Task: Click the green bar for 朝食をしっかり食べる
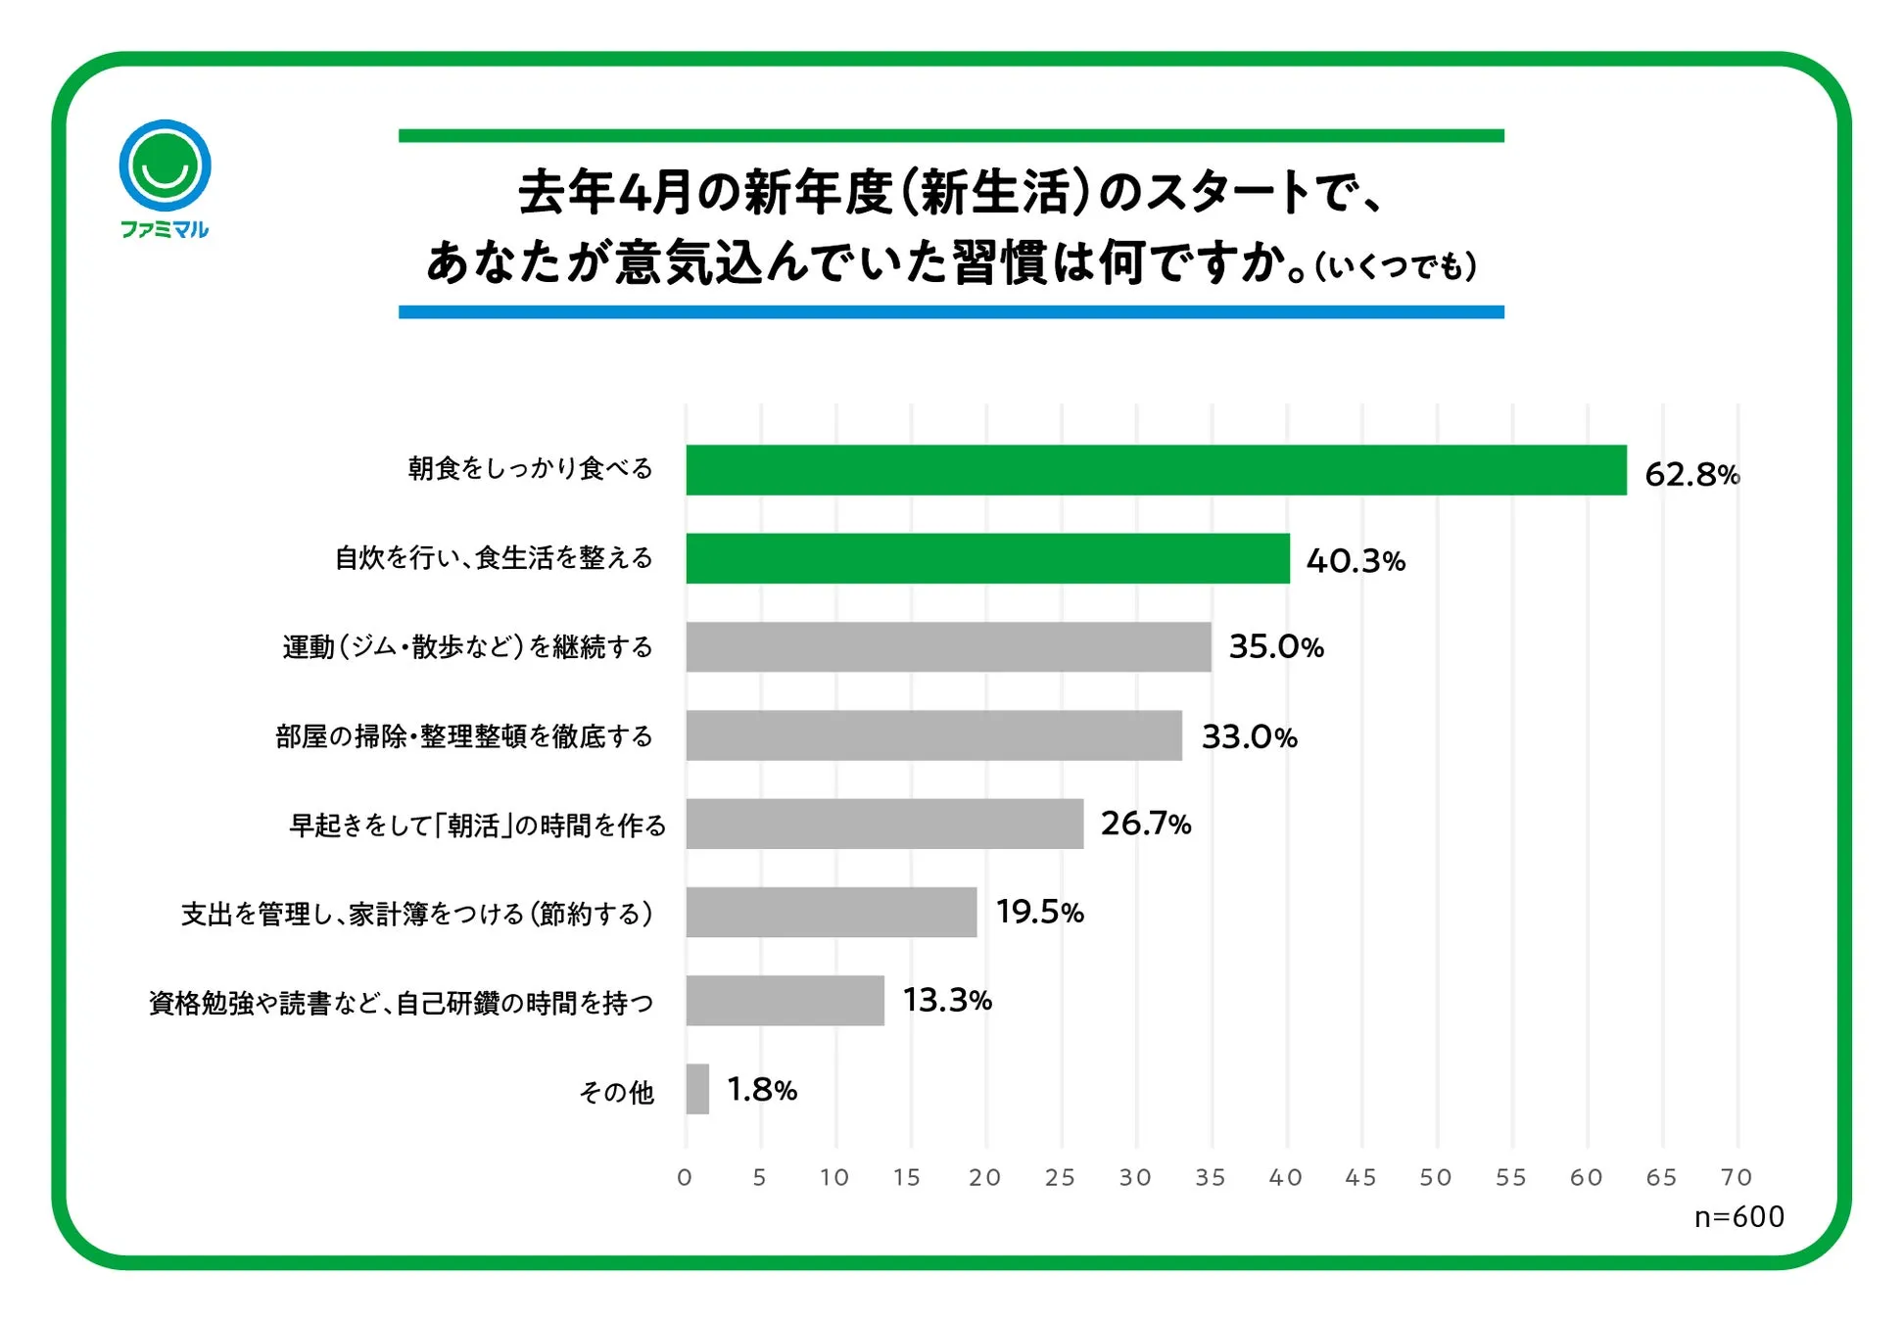[1156, 470]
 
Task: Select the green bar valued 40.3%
[987, 558]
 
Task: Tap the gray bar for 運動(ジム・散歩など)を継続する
[948, 646]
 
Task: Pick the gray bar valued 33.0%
[933, 735]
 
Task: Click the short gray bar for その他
[697, 1089]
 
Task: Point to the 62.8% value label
[1691, 475]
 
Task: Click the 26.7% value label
[1145, 824]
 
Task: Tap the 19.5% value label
[1039, 912]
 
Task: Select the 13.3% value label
[947, 1000]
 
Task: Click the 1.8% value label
[762, 1089]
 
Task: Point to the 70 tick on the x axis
[1737, 1177]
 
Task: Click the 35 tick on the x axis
[1211, 1177]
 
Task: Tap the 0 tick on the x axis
[685, 1177]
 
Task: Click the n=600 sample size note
[1738, 1216]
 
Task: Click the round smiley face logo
[165, 165]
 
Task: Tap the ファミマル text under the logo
[165, 229]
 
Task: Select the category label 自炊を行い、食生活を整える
[494, 558]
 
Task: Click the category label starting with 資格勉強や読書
[401, 1003]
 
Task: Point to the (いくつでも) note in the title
[1395, 266]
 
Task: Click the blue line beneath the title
[950, 311]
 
